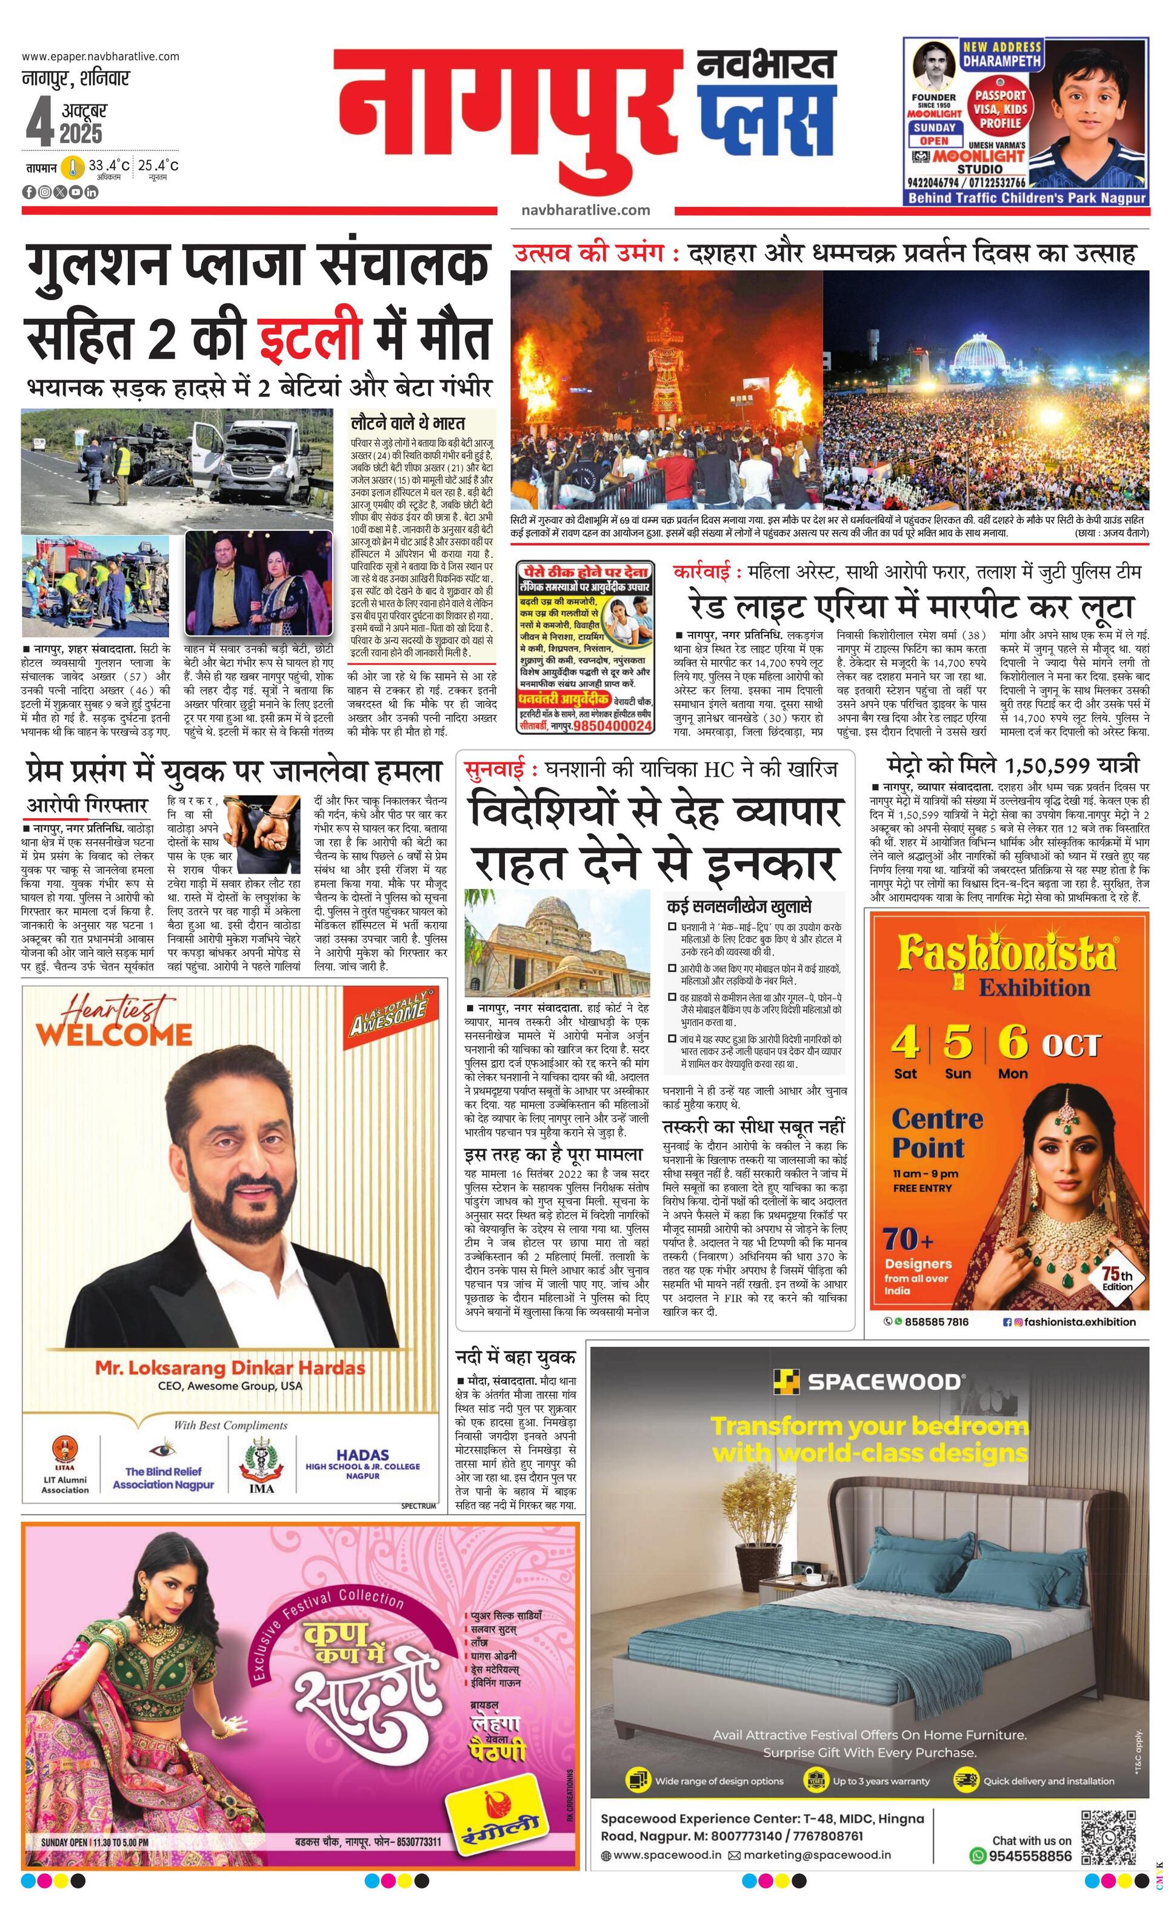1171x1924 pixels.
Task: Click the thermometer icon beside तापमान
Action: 73,167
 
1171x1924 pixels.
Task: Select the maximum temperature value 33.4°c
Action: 108,166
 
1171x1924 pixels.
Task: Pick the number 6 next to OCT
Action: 1013,1042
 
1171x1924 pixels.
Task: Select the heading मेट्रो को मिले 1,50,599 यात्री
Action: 1013,765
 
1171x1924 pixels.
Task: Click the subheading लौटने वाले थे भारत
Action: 407,423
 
